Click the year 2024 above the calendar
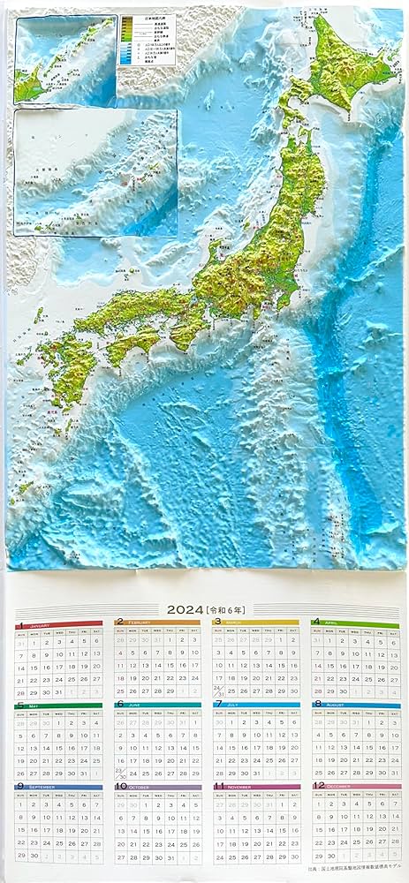tap(184, 608)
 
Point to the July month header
tap(256, 705)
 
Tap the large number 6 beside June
tap(119, 704)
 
